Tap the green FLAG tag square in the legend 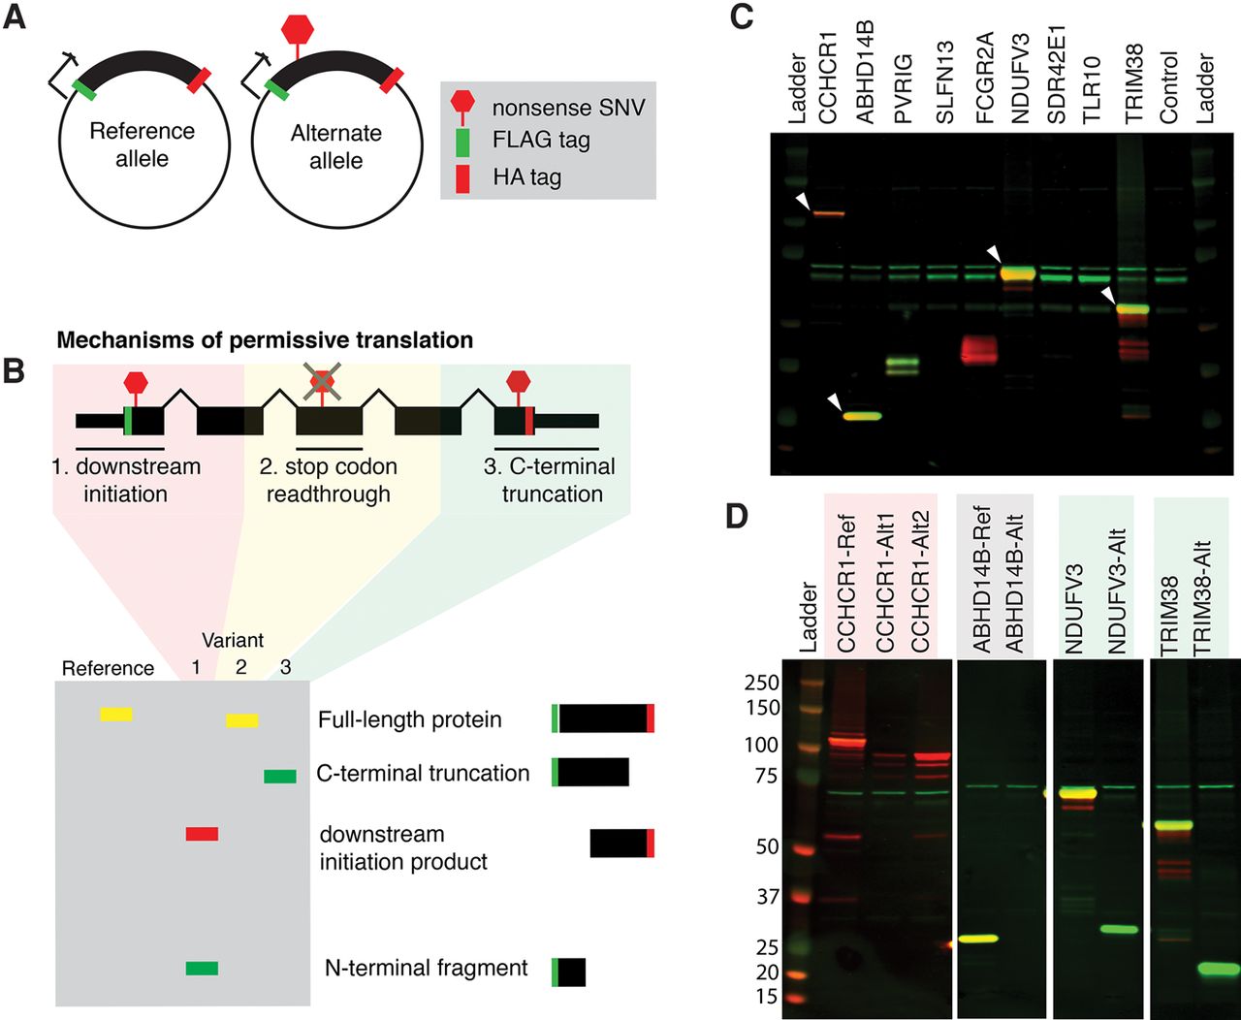coord(462,141)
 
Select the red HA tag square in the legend coord(462,177)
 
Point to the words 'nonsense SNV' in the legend coord(568,107)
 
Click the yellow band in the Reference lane coord(116,715)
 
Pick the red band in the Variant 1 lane coord(202,834)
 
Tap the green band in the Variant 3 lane coord(280,776)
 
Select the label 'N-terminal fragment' coord(427,968)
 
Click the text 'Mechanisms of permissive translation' coord(265,340)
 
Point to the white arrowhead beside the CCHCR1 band coord(801,201)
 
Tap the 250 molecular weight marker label coord(761,683)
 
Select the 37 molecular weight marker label coord(768,897)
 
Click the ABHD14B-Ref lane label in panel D coord(980,582)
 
